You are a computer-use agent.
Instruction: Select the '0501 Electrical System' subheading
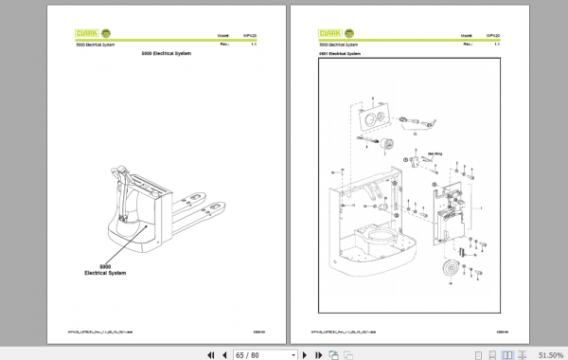(341, 54)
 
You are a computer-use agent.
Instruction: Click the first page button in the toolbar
(210, 353)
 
